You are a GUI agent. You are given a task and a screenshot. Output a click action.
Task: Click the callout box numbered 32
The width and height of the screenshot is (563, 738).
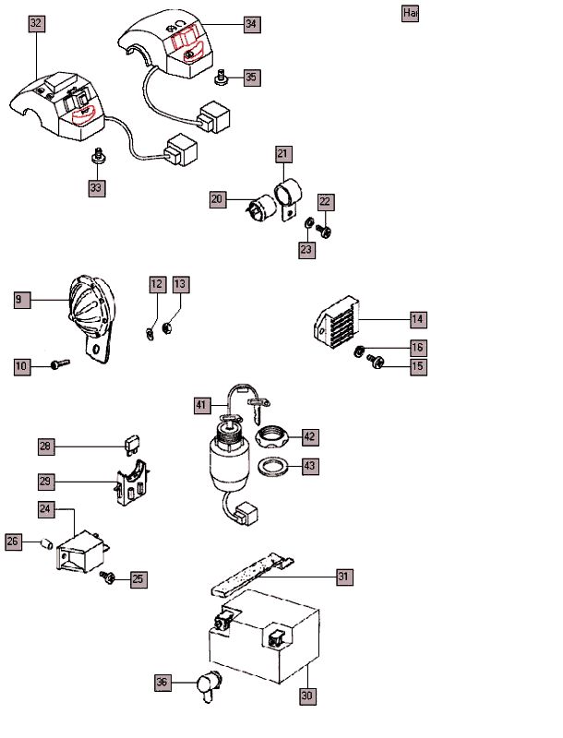[x=36, y=22]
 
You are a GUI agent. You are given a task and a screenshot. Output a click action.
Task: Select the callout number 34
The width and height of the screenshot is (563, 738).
[x=252, y=25]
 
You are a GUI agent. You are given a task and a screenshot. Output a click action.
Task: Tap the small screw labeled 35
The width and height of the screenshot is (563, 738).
[x=222, y=77]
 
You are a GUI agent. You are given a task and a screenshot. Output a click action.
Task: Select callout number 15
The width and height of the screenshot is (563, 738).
[x=418, y=367]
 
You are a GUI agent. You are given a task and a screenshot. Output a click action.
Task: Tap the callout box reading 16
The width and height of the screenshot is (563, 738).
[x=418, y=348]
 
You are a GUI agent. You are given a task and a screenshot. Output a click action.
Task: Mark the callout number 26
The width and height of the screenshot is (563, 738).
[x=14, y=542]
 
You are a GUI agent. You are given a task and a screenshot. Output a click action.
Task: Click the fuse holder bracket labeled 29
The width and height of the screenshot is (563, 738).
[x=135, y=484]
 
